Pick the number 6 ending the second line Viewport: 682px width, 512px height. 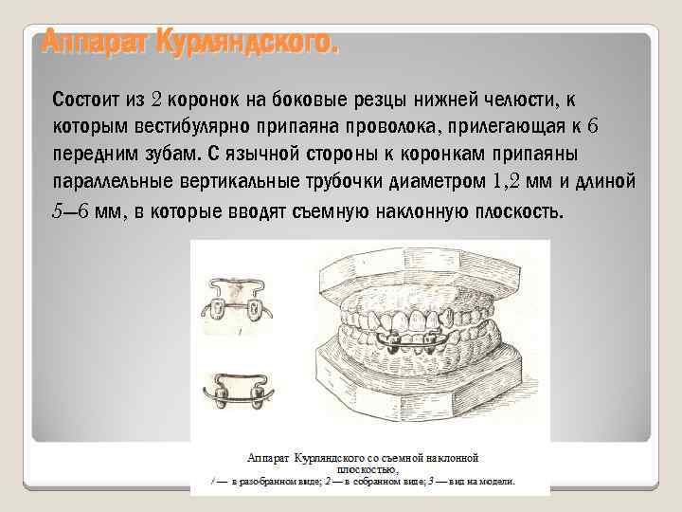pyautogui.click(x=593, y=126)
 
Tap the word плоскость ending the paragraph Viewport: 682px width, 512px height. pyautogui.click(x=517, y=210)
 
